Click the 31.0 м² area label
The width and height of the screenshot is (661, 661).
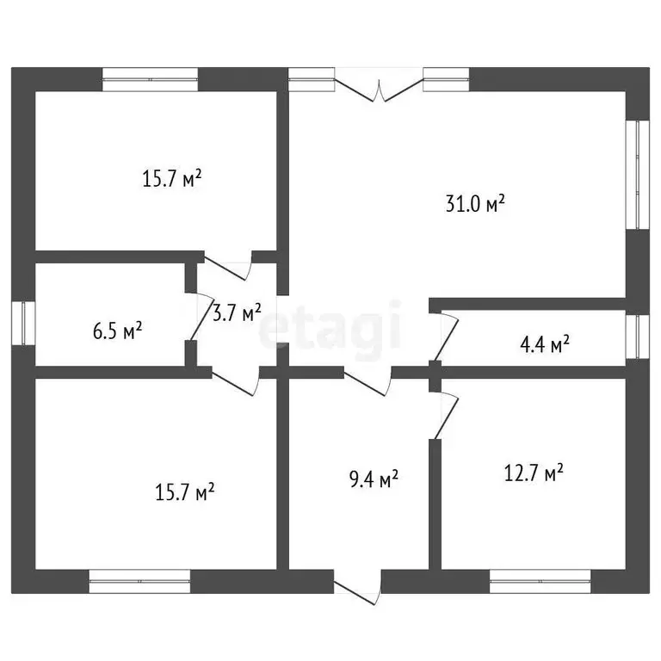[475, 204]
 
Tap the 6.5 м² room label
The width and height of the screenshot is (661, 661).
[117, 330]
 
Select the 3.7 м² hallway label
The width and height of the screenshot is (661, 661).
[237, 312]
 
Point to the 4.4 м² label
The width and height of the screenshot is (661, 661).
[545, 344]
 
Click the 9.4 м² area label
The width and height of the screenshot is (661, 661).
[374, 479]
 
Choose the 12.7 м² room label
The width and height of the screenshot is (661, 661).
[534, 473]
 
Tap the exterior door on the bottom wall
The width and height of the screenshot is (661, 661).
[357, 587]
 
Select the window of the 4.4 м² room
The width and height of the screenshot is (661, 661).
[638, 337]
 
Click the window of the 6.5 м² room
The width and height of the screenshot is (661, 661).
[23, 324]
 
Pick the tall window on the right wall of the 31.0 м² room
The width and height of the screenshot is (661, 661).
[638, 175]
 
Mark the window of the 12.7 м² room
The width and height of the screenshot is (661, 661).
[540, 581]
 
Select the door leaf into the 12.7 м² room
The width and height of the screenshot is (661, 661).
[446, 416]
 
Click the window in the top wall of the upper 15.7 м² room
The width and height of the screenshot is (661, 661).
[150, 79]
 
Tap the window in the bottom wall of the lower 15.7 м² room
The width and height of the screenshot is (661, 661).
[139, 581]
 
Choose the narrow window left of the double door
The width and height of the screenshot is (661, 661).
[312, 79]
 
